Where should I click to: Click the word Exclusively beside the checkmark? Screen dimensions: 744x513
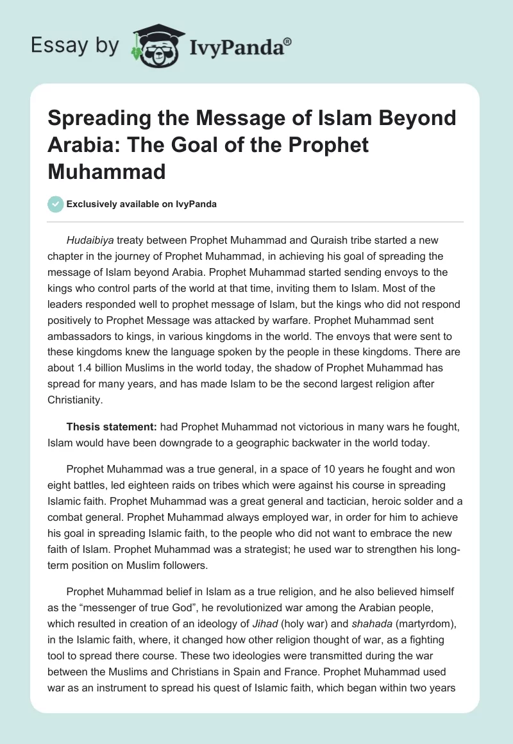point(92,204)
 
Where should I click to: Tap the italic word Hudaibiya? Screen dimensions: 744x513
point(91,241)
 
